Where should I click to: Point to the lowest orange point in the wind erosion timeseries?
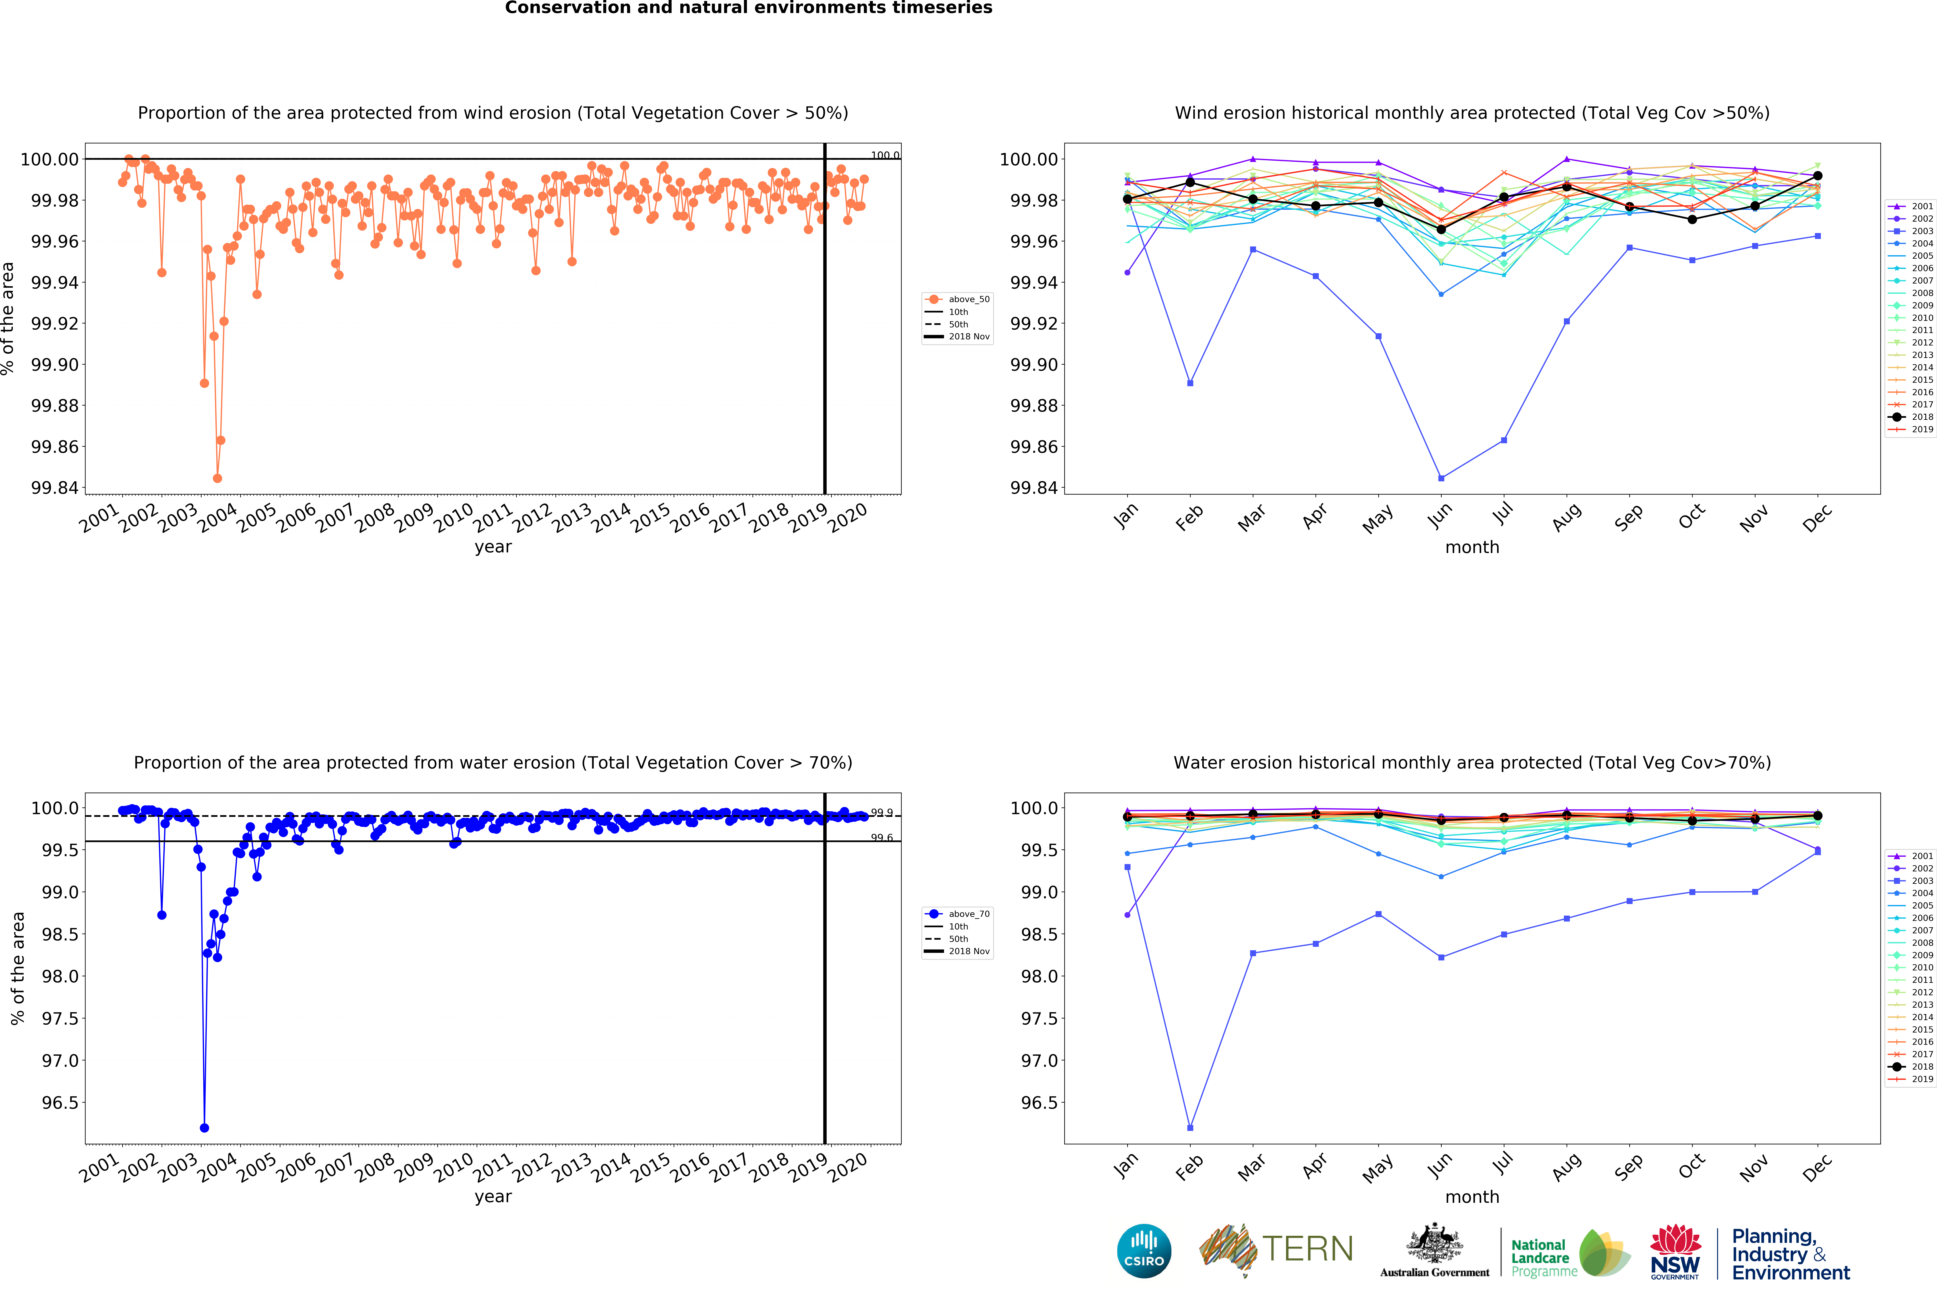click(x=217, y=478)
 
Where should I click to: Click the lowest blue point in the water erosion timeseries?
click(x=204, y=1128)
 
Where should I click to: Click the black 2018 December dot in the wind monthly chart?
click(x=1818, y=176)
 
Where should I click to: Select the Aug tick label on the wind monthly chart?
click(x=1566, y=518)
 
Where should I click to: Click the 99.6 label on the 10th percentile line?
click(x=881, y=838)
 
